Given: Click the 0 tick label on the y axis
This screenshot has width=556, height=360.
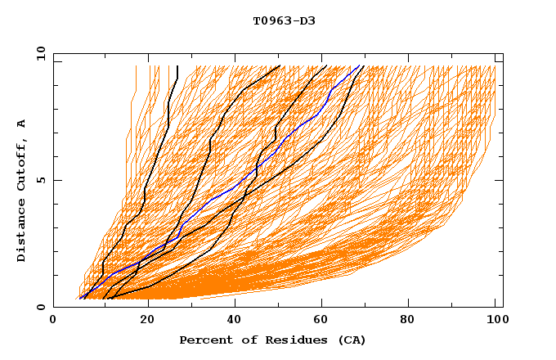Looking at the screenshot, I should [x=41, y=307].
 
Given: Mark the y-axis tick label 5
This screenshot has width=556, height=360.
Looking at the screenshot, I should [x=41, y=180].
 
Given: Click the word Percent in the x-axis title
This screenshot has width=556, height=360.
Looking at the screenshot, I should [x=203, y=340].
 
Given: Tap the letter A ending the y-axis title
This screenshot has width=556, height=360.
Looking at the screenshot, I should [x=22, y=123].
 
